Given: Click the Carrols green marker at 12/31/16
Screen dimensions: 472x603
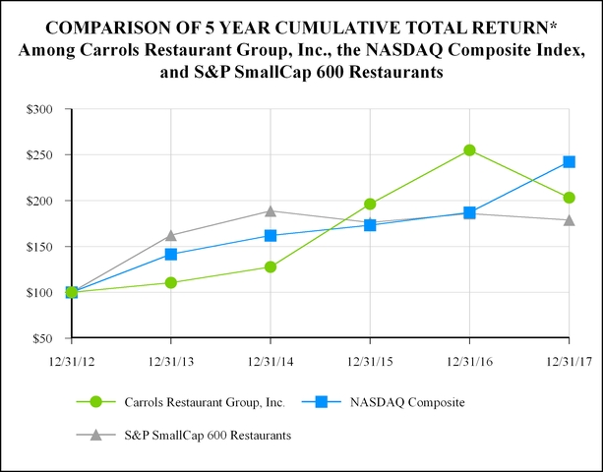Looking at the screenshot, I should [x=469, y=150].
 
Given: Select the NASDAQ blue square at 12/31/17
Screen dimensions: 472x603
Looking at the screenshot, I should [x=569, y=162].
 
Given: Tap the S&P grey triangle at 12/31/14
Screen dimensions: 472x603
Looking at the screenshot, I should [x=271, y=210].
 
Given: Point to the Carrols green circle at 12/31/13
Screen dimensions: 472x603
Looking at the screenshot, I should [x=171, y=282].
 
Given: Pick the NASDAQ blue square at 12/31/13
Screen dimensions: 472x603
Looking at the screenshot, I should [x=171, y=255].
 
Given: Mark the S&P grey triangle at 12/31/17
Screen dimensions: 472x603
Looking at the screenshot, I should [x=569, y=219].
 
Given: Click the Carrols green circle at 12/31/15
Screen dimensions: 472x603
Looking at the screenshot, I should [x=370, y=204].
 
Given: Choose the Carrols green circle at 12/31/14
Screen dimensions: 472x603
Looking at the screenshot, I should [x=271, y=266].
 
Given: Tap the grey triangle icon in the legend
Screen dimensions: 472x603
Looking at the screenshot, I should [x=95, y=434].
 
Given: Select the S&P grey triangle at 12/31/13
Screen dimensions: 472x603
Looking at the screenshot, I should [x=171, y=235].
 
